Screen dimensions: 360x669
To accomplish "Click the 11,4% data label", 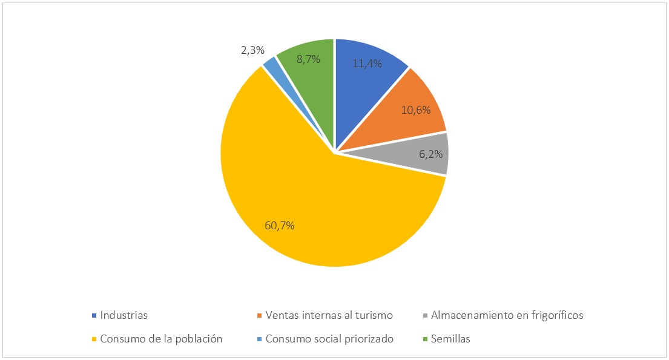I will click(x=367, y=62).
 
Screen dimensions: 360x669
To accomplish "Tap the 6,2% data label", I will click(x=430, y=155).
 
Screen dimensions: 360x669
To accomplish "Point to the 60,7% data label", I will click(x=280, y=226).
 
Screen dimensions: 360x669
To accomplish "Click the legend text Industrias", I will click(x=124, y=315).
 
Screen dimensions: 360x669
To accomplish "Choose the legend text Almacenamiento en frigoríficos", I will click(x=507, y=315).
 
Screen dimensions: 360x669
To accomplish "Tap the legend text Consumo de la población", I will click(x=161, y=339).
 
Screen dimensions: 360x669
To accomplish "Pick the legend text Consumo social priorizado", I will click(x=329, y=339).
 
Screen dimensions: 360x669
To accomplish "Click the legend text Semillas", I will click(x=450, y=339).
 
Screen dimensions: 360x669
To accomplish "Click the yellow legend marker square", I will click(x=94, y=339).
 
